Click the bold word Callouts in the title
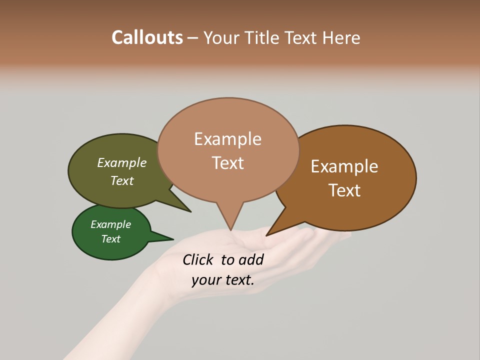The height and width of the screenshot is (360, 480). (147, 37)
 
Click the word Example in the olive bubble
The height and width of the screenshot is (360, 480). (122, 162)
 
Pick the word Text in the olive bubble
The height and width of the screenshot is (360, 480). (122, 180)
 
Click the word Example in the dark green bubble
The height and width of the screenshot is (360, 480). (110, 224)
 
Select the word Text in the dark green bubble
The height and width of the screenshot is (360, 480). (111, 238)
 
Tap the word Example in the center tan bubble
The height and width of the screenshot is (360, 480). (227, 139)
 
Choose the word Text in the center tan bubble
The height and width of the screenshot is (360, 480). (227, 162)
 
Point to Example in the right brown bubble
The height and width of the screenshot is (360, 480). (344, 166)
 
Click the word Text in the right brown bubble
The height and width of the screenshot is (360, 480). (344, 190)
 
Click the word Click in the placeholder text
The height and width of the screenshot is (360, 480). (198, 259)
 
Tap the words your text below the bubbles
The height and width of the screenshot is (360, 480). (222, 280)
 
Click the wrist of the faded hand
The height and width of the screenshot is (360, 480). (145, 290)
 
